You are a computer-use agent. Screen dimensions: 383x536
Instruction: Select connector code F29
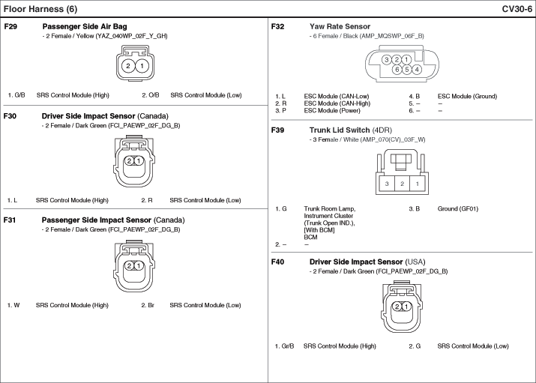(11, 26)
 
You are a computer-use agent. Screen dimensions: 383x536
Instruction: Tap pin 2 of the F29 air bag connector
(128, 67)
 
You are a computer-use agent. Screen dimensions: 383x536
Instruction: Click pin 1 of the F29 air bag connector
(142, 67)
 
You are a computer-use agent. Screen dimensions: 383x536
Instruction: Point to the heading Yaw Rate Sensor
(340, 26)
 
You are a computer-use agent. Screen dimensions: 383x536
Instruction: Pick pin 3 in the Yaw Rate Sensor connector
(385, 60)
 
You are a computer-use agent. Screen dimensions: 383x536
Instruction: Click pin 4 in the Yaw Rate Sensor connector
(417, 70)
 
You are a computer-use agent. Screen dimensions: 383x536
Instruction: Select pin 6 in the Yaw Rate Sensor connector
(397, 70)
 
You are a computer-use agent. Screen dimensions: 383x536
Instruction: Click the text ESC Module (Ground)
(467, 96)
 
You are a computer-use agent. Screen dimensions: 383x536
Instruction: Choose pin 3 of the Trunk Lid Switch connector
(387, 184)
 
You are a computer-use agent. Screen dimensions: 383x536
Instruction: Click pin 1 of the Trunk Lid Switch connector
(418, 184)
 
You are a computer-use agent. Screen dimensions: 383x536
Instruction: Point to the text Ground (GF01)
(457, 208)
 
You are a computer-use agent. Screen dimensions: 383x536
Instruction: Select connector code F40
(279, 262)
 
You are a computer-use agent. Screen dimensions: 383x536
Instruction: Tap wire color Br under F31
(150, 305)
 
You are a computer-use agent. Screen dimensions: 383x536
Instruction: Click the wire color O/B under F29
(153, 95)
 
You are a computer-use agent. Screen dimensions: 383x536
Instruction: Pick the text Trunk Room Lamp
(330, 208)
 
